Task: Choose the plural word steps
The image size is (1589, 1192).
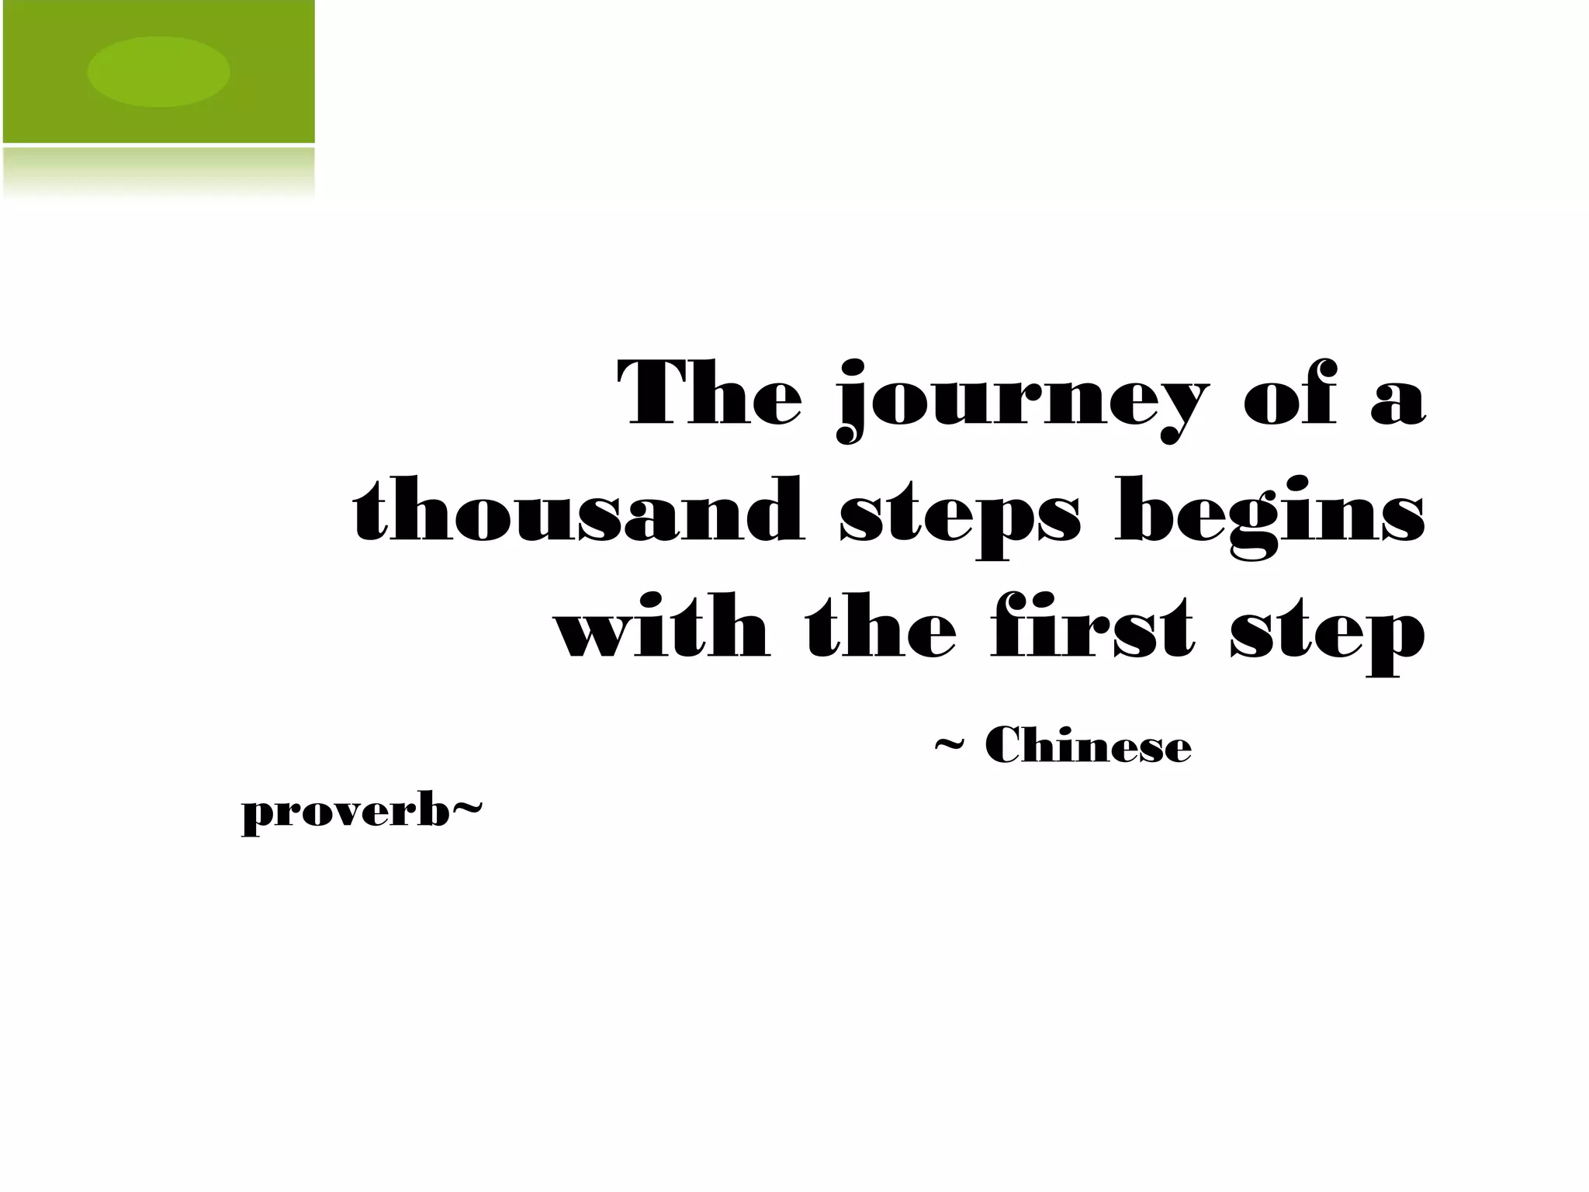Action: pyautogui.click(x=960, y=517)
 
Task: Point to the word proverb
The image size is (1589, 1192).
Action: pyautogui.click(x=346, y=816)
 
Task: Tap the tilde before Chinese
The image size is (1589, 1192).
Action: pyautogui.click(x=948, y=747)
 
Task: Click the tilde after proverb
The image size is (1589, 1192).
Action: pyautogui.click(x=467, y=810)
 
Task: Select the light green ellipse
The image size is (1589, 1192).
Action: pyautogui.click(x=158, y=71)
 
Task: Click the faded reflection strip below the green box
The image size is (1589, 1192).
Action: pyautogui.click(x=158, y=172)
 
